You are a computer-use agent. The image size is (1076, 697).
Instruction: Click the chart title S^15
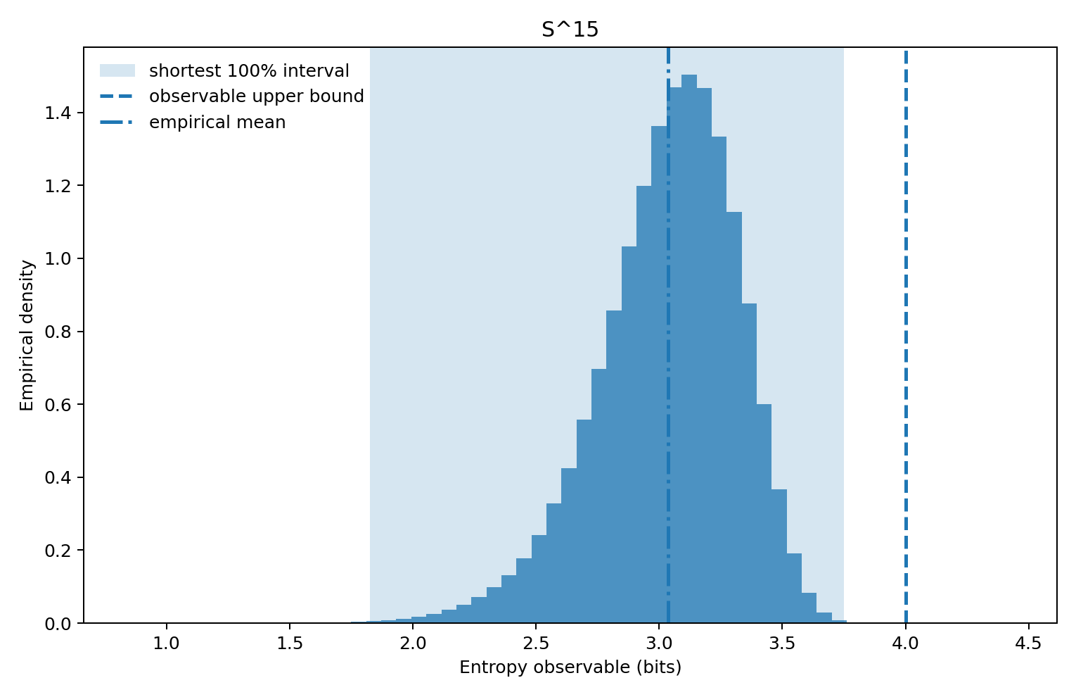[570, 30]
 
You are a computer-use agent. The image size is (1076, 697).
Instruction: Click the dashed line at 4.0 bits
[906, 352]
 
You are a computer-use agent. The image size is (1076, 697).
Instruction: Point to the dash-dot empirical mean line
[668, 422]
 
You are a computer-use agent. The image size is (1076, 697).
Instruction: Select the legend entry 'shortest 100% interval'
[249, 71]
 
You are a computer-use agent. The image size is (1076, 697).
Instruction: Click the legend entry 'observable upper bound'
[256, 96]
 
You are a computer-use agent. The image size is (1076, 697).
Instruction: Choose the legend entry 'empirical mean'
[217, 123]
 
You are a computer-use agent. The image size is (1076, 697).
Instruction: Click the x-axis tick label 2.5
[536, 644]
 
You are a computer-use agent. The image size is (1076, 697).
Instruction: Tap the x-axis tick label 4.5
[1029, 644]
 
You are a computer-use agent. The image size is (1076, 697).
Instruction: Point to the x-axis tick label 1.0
[167, 644]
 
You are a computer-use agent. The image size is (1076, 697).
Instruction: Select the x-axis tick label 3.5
[782, 644]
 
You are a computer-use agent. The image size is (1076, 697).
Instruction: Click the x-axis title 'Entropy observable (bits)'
[570, 667]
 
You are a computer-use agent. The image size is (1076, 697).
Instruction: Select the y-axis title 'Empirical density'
[27, 335]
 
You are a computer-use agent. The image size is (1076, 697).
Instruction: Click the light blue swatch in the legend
[117, 71]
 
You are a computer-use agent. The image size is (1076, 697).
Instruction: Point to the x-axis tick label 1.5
[290, 644]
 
